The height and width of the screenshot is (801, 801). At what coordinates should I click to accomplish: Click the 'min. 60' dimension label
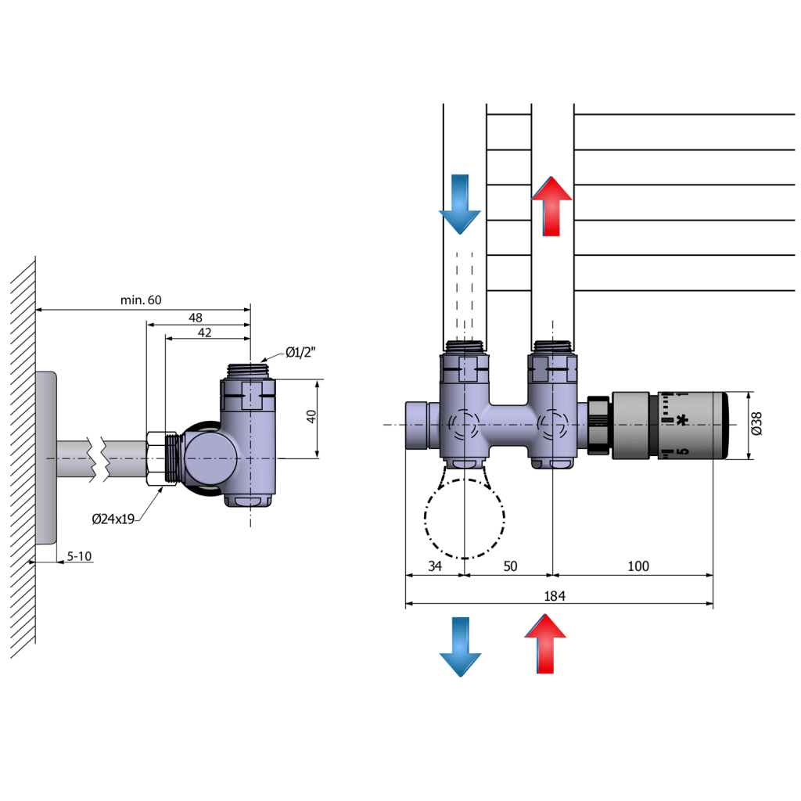[x=141, y=300]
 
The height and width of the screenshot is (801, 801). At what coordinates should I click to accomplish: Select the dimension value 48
[x=195, y=318]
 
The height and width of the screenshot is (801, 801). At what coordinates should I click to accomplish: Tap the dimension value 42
[x=204, y=332]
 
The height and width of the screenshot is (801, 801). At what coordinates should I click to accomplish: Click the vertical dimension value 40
[x=311, y=417]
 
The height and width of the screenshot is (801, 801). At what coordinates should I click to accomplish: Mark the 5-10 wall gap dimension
[x=79, y=556]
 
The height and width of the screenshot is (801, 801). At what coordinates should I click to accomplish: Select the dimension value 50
[x=509, y=566]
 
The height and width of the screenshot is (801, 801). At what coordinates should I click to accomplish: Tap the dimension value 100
[x=638, y=566]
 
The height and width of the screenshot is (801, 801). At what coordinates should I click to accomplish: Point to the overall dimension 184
[x=554, y=596]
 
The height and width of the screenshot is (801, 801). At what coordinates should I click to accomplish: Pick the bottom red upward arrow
[x=544, y=644]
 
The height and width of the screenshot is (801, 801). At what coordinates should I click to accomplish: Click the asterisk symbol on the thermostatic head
[x=684, y=421]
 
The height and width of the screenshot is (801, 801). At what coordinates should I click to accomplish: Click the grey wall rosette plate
[x=46, y=458]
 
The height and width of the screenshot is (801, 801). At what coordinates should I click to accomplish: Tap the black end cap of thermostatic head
[x=722, y=426]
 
